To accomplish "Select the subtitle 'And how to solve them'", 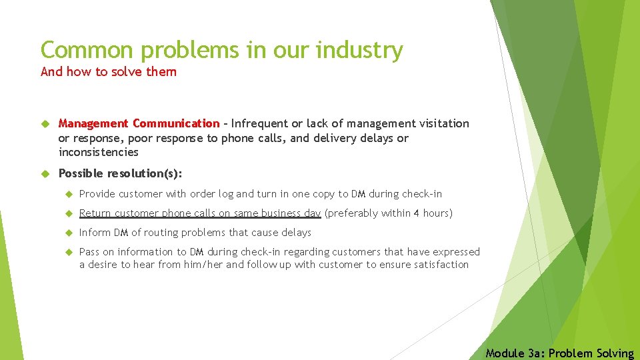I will [x=109, y=71].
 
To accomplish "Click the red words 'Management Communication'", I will [x=139, y=123].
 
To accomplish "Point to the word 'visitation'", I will [x=444, y=123].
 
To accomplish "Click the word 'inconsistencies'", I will [x=99, y=152].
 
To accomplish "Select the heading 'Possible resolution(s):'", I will [x=120, y=173].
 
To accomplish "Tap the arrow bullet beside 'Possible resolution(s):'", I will [x=45, y=173].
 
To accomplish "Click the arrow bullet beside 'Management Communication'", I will [x=45, y=123].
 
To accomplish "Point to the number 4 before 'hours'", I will [x=417, y=213].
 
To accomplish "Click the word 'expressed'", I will [x=456, y=252].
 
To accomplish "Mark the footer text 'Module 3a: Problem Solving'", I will [x=560, y=353].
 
